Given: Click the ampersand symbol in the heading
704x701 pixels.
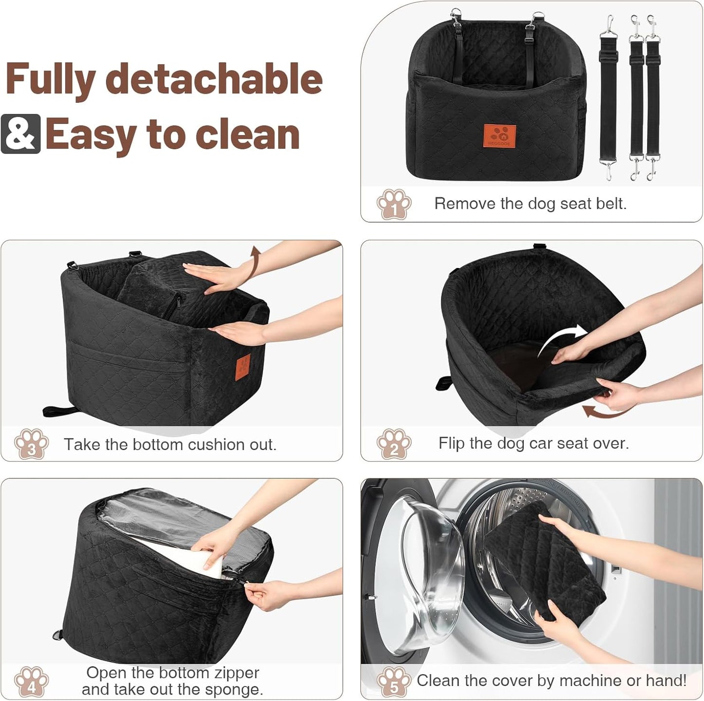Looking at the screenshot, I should pos(20,134).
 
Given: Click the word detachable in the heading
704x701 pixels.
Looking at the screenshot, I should pos(214,79).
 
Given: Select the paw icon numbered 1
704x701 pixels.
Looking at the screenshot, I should pos(394,204).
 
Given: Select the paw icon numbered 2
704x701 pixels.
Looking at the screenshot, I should pos(394,444).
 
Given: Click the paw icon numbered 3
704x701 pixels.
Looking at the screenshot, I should pos(32,444).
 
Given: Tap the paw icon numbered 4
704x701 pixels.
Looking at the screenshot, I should pos(32,682).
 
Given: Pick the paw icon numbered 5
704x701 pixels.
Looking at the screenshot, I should pos(394,682).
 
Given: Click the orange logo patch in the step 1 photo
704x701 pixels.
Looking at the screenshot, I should pos(499,136).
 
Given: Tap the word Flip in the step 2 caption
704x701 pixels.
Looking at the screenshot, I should pos(452,443).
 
